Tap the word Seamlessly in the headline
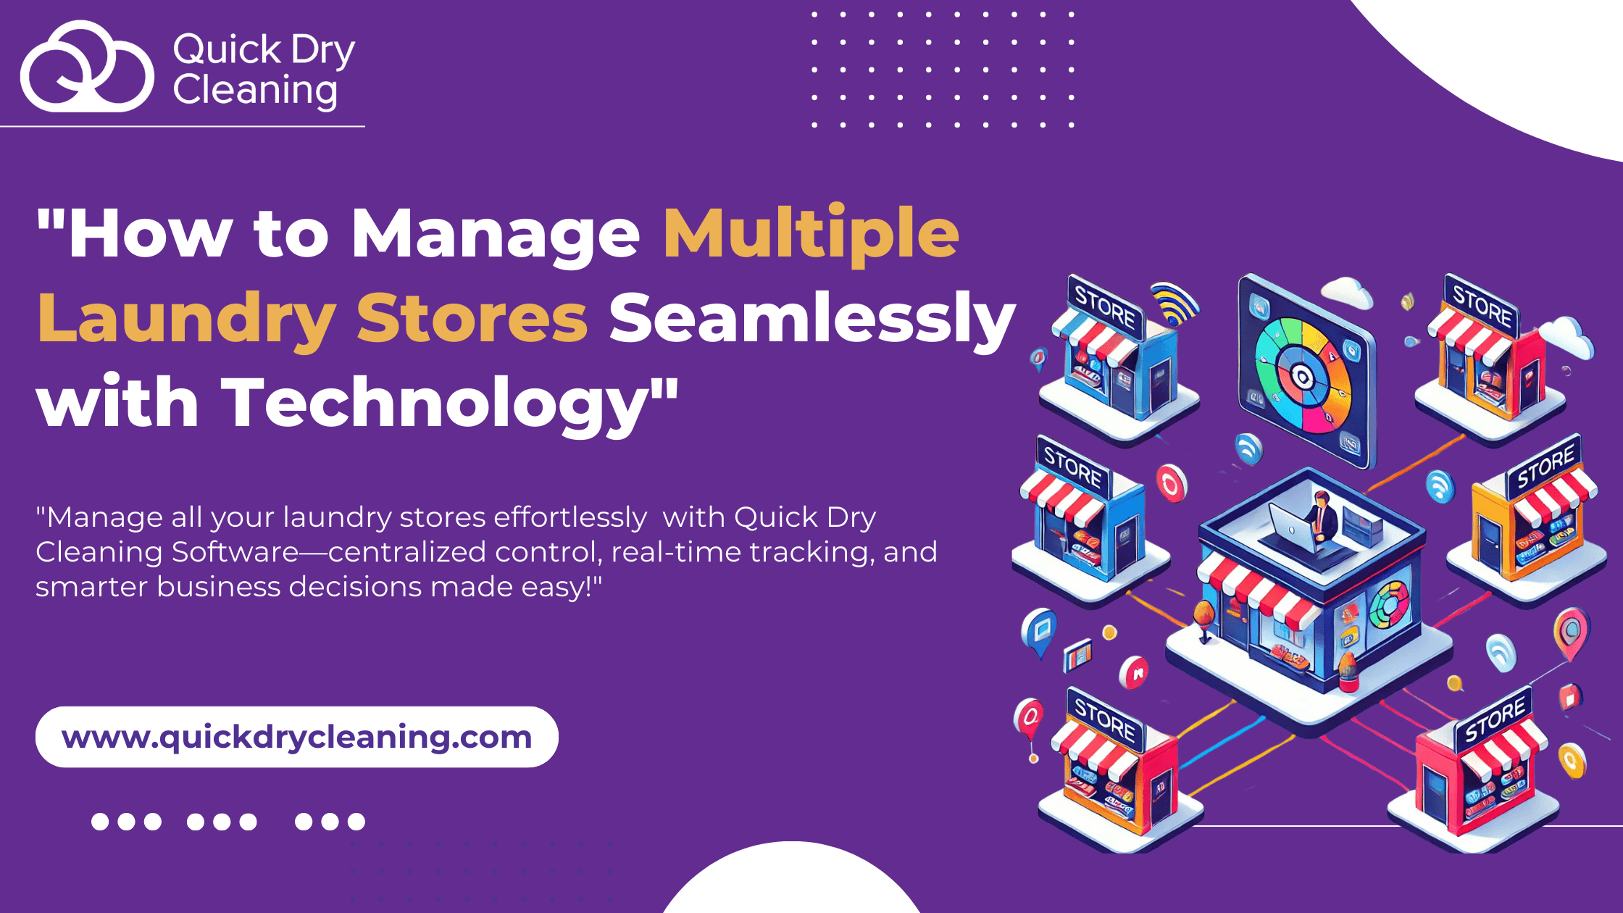click(x=812, y=319)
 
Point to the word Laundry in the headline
click(x=186, y=319)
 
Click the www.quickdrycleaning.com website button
click(x=297, y=737)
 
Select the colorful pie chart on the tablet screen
click(x=1302, y=376)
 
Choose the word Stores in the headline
click(x=472, y=319)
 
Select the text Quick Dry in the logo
click(x=264, y=51)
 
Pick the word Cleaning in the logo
click(x=255, y=91)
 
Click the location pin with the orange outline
click(x=1571, y=633)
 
